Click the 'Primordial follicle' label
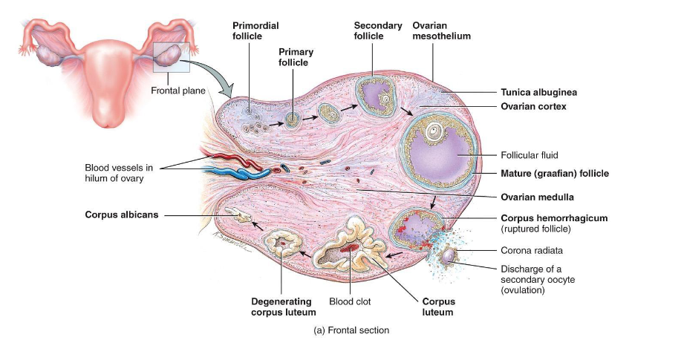(x=255, y=30)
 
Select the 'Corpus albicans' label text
(x=120, y=215)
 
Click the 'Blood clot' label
(x=350, y=302)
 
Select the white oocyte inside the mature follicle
(x=433, y=134)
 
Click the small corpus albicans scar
(x=239, y=217)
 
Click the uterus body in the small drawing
(x=104, y=82)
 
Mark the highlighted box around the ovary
(x=172, y=57)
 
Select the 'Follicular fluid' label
(x=529, y=155)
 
